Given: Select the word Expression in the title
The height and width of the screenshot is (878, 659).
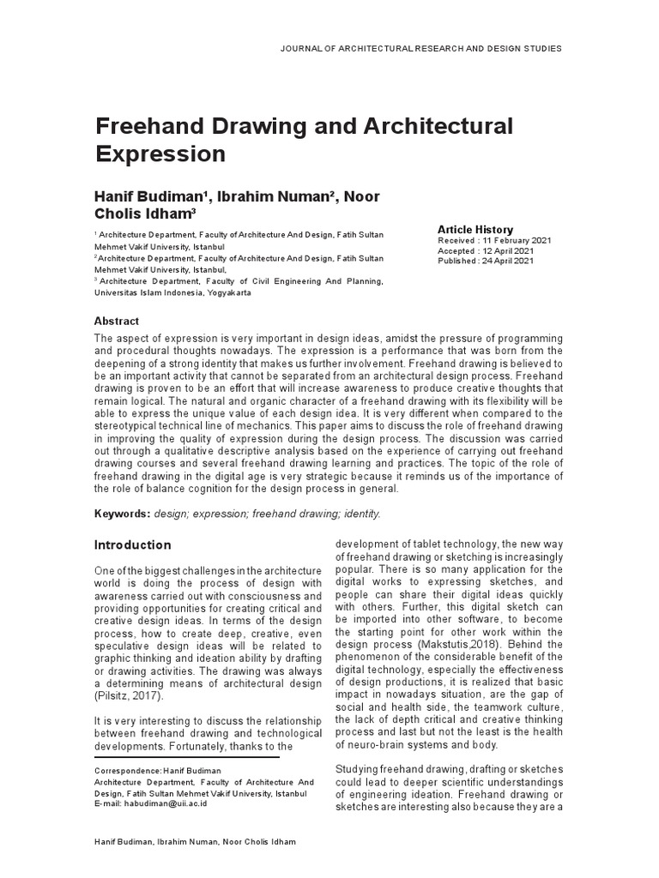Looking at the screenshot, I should (159, 154).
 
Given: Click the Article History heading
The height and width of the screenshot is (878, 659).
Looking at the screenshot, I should (475, 230).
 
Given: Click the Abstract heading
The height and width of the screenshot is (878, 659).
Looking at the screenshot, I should (116, 321).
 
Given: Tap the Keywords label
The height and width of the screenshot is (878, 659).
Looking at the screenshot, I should (122, 514).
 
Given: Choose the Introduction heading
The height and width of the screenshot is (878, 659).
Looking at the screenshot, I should (132, 545).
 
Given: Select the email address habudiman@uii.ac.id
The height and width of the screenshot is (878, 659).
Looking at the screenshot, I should (164, 804).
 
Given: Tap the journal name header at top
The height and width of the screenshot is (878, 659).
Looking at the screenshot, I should (421, 49).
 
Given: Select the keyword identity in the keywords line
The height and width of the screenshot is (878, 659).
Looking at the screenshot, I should (361, 514).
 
